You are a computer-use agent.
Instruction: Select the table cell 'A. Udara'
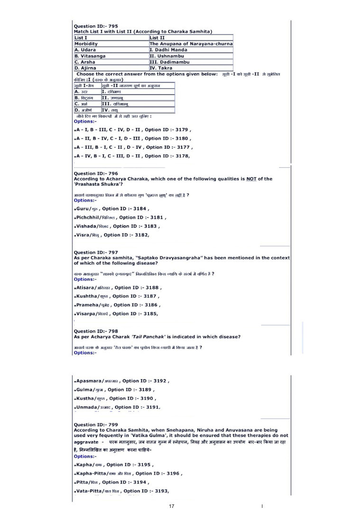click(86, 49)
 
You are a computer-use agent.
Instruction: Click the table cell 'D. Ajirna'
click(86, 68)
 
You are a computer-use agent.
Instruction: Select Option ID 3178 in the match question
click(132, 156)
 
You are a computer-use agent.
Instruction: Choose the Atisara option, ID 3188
click(119, 287)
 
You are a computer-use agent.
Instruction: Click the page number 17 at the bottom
click(172, 506)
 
